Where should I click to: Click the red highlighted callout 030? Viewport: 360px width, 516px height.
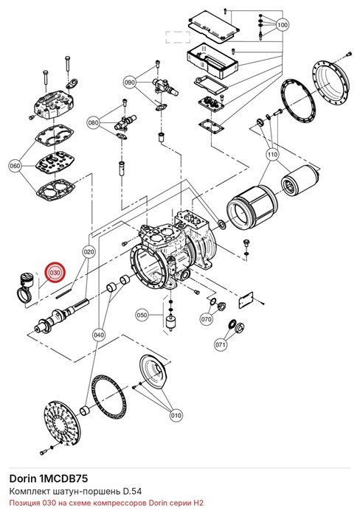[x=55, y=273]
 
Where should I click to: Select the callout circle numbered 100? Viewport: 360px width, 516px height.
[x=283, y=24]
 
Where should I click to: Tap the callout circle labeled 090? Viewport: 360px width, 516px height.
[x=130, y=83]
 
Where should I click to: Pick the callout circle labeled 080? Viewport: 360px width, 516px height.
[x=94, y=123]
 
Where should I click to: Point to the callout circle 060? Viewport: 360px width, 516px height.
[x=15, y=166]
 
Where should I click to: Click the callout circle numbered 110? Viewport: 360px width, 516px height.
[x=272, y=154]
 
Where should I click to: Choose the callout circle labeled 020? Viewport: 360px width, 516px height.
[x=89, y=252]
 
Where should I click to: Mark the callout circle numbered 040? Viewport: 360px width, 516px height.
[x=99, y=335]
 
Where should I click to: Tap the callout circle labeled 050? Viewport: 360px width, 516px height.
[x=142, y=315]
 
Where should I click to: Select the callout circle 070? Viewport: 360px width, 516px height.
[x=207, y=319]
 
